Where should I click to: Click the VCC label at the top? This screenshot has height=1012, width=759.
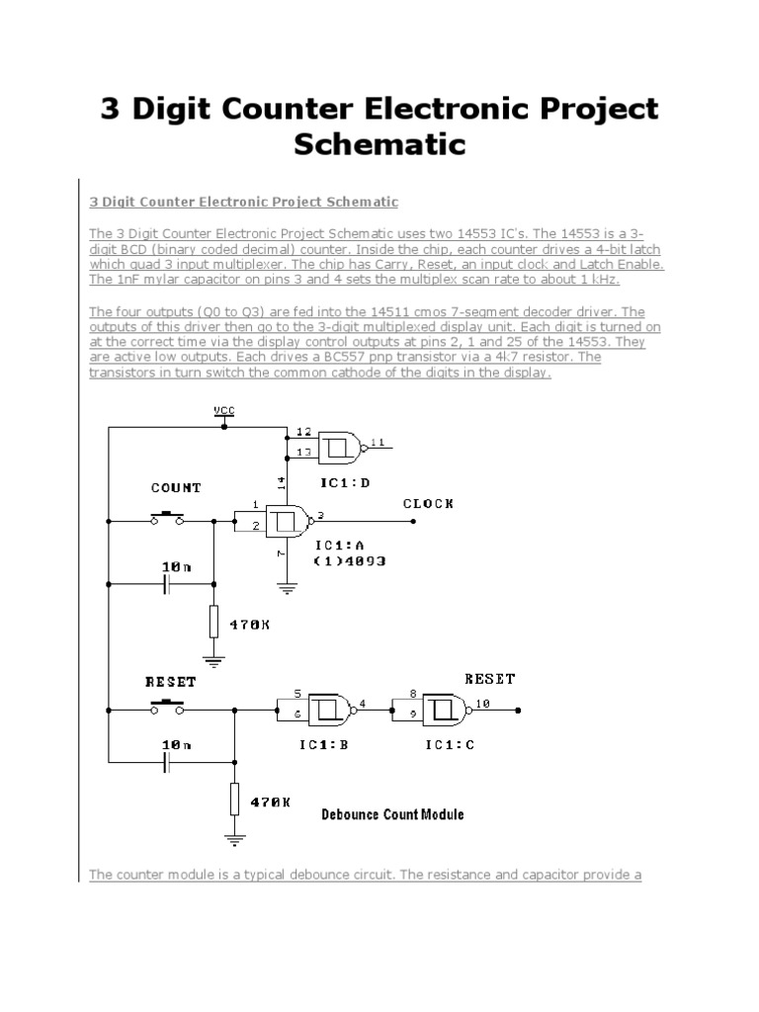(x=224, y=409)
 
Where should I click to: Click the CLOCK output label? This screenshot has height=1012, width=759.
(x=428, y=503)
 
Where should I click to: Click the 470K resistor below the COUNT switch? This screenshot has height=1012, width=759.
(x=213, y=623)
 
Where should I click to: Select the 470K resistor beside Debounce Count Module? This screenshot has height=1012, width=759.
(x=235, y=799)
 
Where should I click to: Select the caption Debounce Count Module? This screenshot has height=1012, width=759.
(x=392, y=815)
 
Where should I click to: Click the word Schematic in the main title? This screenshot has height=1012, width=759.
(x=379, y=145)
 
